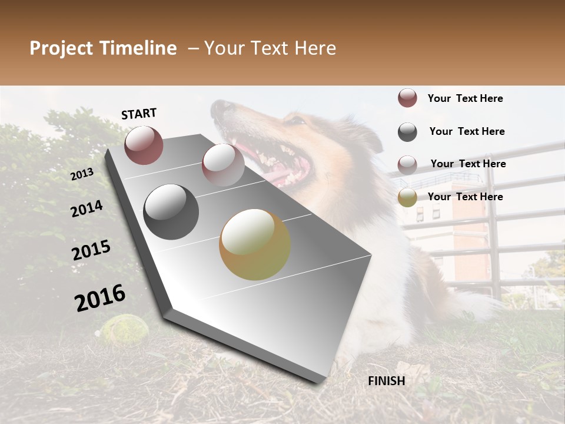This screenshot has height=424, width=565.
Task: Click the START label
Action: (139, 114)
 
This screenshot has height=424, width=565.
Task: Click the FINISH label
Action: (387, 381)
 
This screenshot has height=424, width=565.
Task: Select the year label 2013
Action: (82, 174)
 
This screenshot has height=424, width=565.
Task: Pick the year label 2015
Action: (91, 250)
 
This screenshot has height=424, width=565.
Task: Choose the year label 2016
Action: (100, 297)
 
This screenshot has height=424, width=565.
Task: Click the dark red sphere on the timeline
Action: (144, 145)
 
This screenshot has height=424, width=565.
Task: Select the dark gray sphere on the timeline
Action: (171, 212)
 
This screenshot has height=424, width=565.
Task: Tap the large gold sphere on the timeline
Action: (255, 244)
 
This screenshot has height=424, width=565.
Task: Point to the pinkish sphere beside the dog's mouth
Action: (222, 165)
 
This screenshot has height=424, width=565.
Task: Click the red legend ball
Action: (407, 98)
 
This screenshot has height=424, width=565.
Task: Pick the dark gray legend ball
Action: (407, 132)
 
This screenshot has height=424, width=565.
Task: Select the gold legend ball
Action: (407, 197)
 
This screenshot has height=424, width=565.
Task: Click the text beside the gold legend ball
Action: (465, 197)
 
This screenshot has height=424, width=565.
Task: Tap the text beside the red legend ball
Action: (465, 98)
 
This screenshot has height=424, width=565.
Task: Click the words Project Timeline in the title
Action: (103, 48)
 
